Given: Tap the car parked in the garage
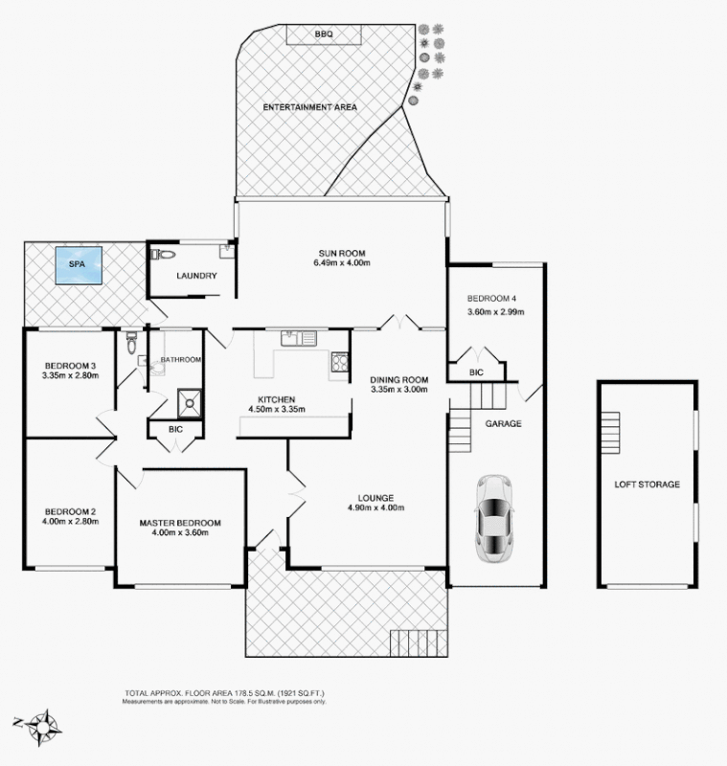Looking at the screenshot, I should pyautogui.click(x=494, y=516).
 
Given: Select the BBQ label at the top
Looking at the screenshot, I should pyautogui.click(x=323, y=34).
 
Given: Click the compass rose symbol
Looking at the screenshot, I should pyautogui.click(x=41, y=724).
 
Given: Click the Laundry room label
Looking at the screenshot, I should pyautogui.click(x=196, y=277).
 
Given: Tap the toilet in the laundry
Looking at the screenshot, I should pyautogui.click(x=163, y=256).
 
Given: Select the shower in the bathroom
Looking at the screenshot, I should pyautogui.click(x=191, y=403).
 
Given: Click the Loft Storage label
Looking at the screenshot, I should pyautogui.click(x=647, y=484).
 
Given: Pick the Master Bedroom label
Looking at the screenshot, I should pyautogui.click(x=180, y=523).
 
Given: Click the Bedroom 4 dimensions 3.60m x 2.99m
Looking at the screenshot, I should pyautogui.click(x=495, y=311).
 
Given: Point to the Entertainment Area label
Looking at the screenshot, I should pyautogui.click(x=309, y=107).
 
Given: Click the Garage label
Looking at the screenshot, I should pyautogui.click(x=503, y=423).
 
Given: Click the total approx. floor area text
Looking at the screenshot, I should pyautogui.click(x=230, y=693).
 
